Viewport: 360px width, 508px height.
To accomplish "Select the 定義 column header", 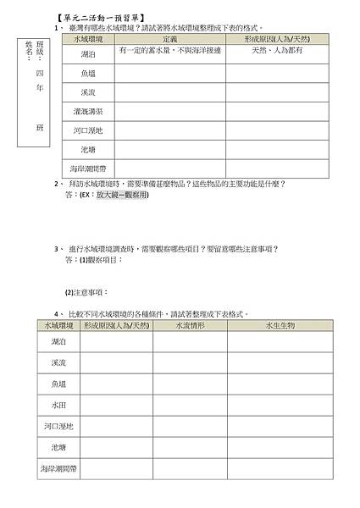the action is [169, 40].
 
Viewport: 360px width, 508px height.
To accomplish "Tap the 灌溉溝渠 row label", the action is [88, 111].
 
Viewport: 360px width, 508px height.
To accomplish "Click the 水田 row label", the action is [58, 406].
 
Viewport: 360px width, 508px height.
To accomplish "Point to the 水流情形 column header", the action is [189, 324].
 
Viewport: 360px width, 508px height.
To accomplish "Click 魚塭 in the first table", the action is [88, 73].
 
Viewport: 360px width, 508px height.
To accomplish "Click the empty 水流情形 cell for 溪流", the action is [189, 362].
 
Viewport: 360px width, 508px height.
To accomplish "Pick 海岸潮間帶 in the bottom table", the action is [58, 468].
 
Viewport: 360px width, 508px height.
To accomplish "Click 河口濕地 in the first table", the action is [88, 130].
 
